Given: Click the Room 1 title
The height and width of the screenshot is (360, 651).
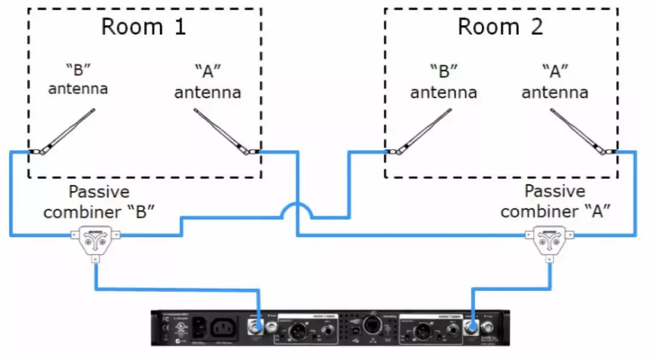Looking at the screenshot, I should pos(143,27).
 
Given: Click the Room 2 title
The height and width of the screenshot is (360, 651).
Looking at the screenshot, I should pos(500,27).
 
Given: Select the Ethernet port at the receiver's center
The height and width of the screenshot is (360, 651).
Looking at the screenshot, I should pos(371,324).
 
